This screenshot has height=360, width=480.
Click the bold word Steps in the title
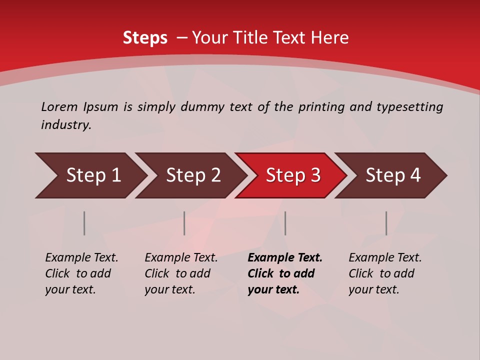click(x=145, y=38)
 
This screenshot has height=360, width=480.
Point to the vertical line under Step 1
click(x=84, y=223)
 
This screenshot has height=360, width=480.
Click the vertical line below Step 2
click(x=184, y=223)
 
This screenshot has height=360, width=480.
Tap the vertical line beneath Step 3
click(x=285, y=223)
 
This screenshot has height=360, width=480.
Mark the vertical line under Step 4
click(x=386, y=223)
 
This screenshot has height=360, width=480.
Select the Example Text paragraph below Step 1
click(x=81, y=273)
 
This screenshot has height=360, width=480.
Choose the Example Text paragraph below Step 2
click(x=181, y=273)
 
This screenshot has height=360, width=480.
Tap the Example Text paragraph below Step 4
click(x=385, y=273)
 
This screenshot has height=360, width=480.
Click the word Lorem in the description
click(x=59, y=107)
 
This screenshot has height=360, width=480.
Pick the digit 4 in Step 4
click(x=415, y=175)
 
